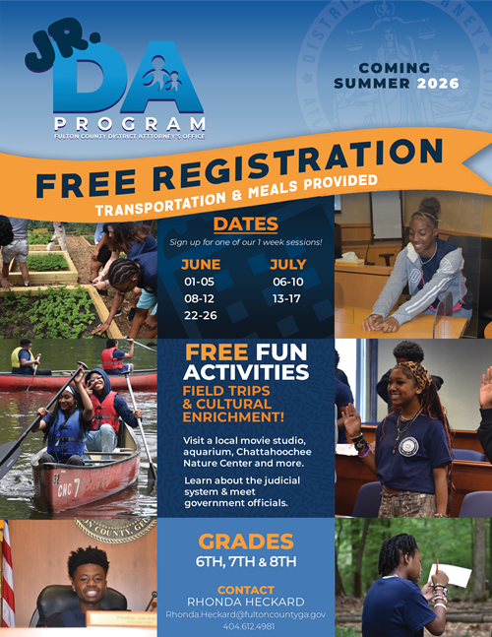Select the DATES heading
245,223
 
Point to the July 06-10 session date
286,281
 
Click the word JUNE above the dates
201,263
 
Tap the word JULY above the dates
287,263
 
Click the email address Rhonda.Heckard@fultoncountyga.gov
245,613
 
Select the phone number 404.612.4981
245,626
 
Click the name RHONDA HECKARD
245,600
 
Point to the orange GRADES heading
245,541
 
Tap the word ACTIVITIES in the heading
246,373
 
